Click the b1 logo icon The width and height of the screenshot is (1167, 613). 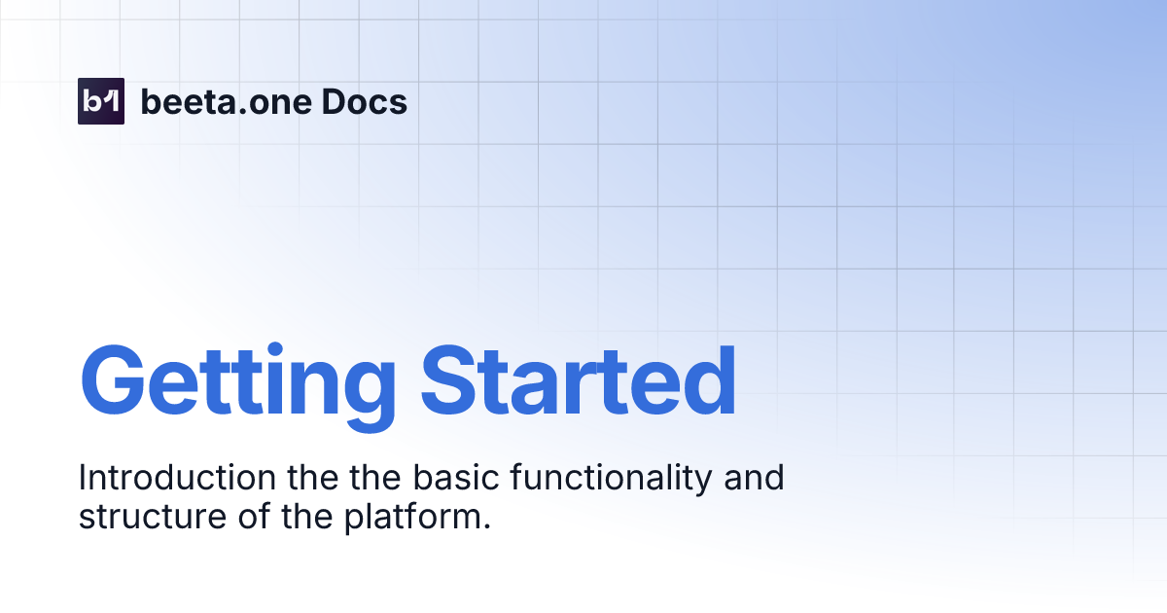101,101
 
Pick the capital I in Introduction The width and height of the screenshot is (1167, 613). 83,479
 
